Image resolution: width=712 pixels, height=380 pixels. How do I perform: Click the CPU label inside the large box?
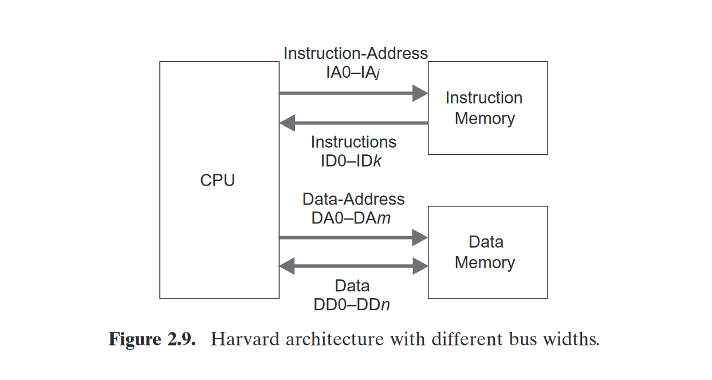tap(217, 181)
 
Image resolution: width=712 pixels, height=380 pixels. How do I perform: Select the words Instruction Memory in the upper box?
tap(484, 108)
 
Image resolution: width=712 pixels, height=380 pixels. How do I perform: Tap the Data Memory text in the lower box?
tap(485, 252)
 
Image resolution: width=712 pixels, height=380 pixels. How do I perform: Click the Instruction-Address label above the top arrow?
tap(355, 53)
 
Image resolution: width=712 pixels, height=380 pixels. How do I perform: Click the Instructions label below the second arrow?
tap(353, 142)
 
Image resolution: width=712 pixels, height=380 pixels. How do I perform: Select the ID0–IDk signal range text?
tap(351, 161)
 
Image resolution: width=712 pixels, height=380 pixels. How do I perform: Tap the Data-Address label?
tap(353, 199)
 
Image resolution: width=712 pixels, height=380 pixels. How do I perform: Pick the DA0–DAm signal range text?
tap(351, 218)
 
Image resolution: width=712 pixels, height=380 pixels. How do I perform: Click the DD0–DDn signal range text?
tap(352, 304)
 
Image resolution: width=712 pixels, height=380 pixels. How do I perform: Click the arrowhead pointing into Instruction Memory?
tap(421, 93)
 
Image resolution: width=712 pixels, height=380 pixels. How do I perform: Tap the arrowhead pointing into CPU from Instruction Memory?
tap(286, 123)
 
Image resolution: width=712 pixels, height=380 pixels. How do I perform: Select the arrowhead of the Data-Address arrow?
tap(421, 237)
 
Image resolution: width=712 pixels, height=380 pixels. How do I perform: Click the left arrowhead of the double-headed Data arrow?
tap(286, 266)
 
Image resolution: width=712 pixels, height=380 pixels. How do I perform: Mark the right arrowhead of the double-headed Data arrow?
tap(421, 266)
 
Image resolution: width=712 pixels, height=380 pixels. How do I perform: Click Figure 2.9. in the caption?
tap(152, 339)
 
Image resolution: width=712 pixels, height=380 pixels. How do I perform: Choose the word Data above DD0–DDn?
tap(352, 285)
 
